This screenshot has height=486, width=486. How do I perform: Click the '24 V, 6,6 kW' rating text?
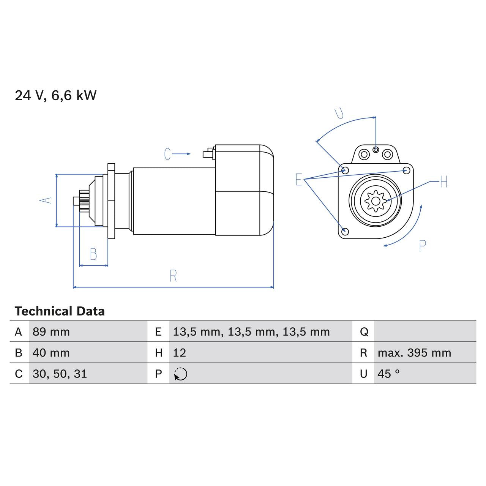(55, 95)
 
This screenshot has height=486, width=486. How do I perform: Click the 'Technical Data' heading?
(60, 311)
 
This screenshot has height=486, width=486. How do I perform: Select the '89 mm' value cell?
(51, 332)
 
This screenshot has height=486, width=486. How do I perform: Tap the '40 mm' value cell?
(51, 353)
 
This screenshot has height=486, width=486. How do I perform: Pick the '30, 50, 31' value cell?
(60, 374)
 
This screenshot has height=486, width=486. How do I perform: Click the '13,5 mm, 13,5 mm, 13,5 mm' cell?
(251, 332)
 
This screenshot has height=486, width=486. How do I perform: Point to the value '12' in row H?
(180, 353)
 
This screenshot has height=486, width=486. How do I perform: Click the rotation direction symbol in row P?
(181, 374)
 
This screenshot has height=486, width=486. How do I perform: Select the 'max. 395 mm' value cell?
(414, 353)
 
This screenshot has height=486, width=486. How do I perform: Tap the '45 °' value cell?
(388, 374)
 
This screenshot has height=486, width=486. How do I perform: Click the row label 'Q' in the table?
(364, 332)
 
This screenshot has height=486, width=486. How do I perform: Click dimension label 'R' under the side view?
(173, 276)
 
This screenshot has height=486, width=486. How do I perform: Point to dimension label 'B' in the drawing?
(93, 254)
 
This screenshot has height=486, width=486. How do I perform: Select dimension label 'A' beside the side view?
(46, 200)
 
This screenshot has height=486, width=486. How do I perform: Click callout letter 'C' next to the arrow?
(167, 154)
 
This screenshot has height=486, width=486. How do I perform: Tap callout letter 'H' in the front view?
(444, 182)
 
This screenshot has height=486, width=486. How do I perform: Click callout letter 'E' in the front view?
(299, 180)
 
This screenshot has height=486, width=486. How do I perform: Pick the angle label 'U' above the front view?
(339, 113)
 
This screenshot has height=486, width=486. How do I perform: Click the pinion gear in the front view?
(375, 200)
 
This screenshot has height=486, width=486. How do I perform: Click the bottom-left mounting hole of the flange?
(345, 231)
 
